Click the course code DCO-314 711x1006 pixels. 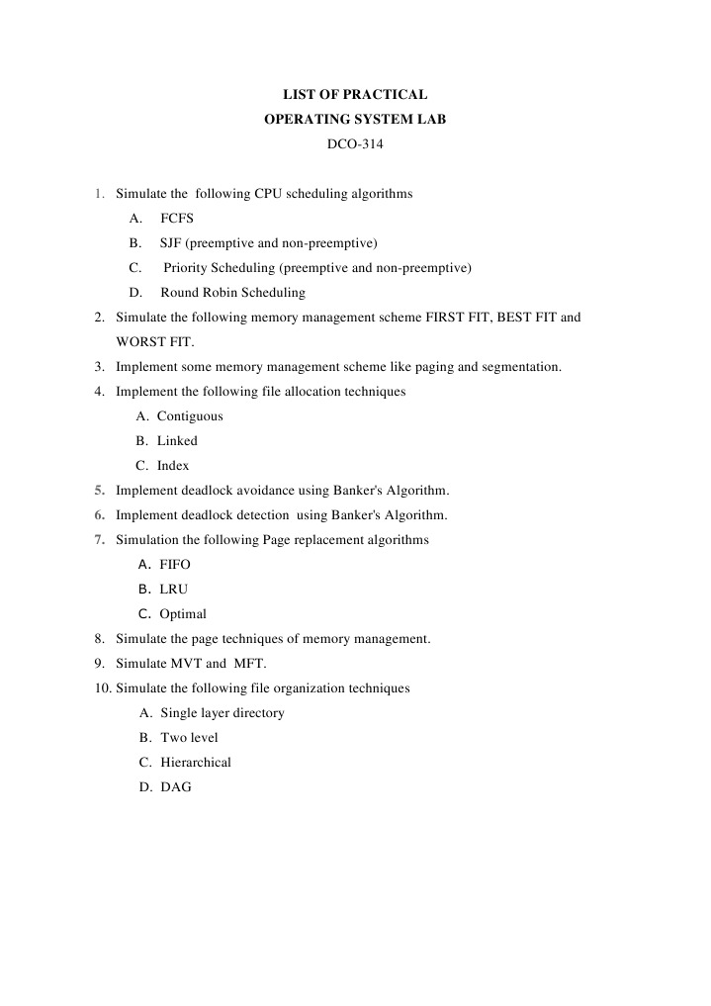pos(355,144)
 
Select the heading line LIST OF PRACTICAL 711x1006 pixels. pos(355,95)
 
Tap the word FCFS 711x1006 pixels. pos(177,219)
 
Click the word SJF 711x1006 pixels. pos(170,243)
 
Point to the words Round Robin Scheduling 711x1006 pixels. pos(232,293)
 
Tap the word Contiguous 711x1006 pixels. pos(190,416)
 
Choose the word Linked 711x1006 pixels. pos(177,441)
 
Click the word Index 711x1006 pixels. pos(173,466)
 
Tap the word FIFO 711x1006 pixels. pos(175,565)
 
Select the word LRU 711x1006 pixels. pos(174,590)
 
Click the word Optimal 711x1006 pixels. pos(183,614)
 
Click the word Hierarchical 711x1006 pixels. pos(196,763)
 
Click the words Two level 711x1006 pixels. pos(189,738)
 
